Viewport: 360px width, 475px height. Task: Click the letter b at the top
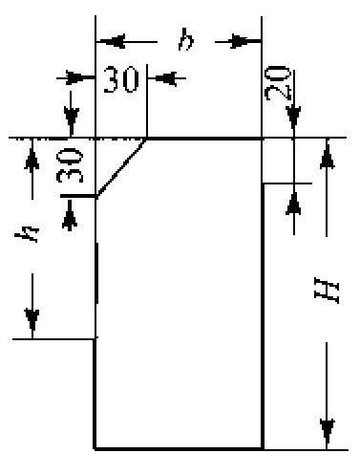point(186,40)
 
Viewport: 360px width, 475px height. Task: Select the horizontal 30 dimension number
point(121,79)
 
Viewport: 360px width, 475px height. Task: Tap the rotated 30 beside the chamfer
point(70,165)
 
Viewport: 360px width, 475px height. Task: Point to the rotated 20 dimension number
point(278,83)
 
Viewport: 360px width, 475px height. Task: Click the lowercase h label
point(27,234)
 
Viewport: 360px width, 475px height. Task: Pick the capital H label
point(327,291)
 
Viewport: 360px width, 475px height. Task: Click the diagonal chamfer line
point(121,167)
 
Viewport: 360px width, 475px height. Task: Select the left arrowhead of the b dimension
point(111,41)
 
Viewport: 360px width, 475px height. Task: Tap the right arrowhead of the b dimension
point(246,41)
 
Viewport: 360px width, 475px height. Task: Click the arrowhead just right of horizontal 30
point(162,78)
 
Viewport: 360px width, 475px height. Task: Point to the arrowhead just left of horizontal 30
point(80,77)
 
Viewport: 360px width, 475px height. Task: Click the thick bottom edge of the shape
point(179,448)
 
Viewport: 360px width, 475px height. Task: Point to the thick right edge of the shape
point(263,315)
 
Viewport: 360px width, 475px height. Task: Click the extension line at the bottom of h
point(53,339)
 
